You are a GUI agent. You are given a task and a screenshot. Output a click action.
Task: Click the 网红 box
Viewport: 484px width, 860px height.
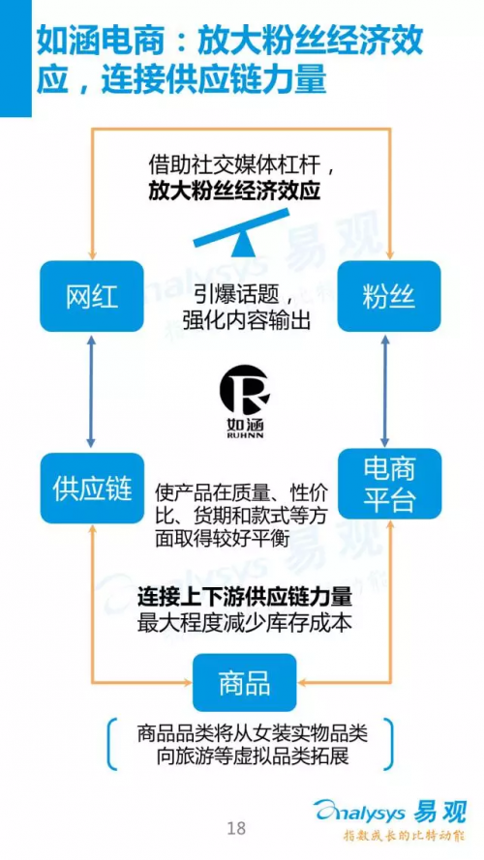pos(92,296)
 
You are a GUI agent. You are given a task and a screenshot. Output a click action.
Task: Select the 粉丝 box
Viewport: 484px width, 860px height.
pos(389,296)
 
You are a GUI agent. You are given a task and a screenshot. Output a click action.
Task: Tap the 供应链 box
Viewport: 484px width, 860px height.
pos(92,489)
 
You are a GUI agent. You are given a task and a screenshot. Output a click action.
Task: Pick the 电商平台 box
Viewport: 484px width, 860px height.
pos(389,484)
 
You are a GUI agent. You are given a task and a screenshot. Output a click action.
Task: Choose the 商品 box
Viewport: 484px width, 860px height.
pos(244,683)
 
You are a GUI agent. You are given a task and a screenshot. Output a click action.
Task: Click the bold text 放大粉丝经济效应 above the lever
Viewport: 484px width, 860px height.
pos(235,192)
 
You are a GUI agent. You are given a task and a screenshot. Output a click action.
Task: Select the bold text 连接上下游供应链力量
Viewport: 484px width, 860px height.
pos(245,598)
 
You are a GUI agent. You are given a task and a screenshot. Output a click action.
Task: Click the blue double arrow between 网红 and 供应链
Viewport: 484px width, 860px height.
pos(92,392)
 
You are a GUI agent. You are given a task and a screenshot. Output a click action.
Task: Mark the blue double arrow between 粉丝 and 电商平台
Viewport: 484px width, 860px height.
pos(385,390)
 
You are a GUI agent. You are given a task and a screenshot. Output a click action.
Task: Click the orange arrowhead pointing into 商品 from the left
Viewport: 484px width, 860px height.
pos(187,682)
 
